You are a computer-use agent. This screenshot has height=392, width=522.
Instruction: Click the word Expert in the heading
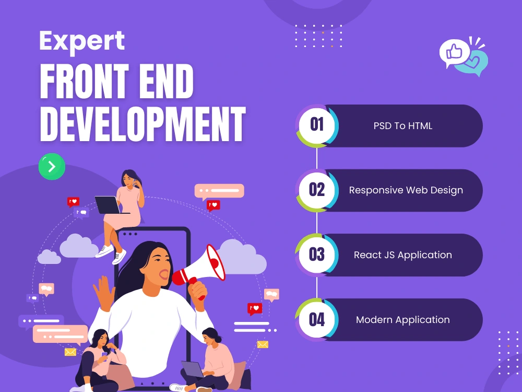(x=82, y=41)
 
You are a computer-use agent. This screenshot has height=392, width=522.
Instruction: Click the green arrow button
(x=52, y=167)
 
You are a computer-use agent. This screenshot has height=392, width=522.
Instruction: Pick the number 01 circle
(x=317, y=125)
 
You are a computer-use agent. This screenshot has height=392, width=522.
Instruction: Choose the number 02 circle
(x=317, y=190)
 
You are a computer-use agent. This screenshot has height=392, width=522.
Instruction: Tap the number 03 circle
(x=317, y=255)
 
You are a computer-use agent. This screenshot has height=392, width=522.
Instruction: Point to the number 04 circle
(x=317, y=319)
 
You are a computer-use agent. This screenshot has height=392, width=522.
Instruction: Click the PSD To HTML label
(x=402, y=126)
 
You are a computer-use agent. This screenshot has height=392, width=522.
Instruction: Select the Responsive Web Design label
(x=406, y=190)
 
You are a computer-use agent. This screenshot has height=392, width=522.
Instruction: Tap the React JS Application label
(x=402, y=255)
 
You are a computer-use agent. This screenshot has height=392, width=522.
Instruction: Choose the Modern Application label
(x=402, y=320)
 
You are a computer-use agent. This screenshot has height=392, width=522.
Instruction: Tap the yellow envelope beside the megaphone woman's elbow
(x=263, y=344)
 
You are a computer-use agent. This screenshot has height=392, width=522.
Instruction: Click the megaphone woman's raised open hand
(x=103, y=291)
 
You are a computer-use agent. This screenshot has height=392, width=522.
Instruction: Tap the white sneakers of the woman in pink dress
(x=112, y=253)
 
